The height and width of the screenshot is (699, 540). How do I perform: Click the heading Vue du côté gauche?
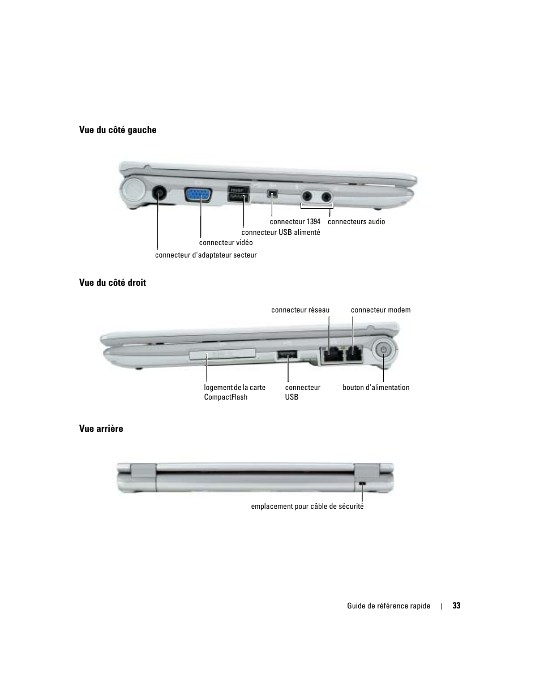click(118, 130)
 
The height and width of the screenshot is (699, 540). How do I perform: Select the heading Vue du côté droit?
click(113, 282)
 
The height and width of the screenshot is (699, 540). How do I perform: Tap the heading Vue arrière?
click(101, 428)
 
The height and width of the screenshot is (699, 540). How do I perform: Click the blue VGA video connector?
click(199, 195)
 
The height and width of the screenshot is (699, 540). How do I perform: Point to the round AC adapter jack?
click(160, 194)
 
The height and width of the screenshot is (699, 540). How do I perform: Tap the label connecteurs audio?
click(356, 222)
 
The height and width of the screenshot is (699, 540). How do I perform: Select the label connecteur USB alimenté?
click(281, 232)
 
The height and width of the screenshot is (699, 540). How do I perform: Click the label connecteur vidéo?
click(226, 243)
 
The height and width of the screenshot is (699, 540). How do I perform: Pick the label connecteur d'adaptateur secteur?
click(206, 255)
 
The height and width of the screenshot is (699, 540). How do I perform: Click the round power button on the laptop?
click(384, 351)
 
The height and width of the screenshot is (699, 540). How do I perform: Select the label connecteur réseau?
click(300, 310)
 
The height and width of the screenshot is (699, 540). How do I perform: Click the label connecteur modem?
click(380, 310)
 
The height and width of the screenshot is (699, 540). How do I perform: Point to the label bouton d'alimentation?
click(376, 388)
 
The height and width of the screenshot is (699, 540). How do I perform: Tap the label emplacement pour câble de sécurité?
click(307, 507)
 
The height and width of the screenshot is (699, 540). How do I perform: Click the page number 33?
click(456, 606)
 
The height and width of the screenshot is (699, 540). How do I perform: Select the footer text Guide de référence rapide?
click(389, 606)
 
